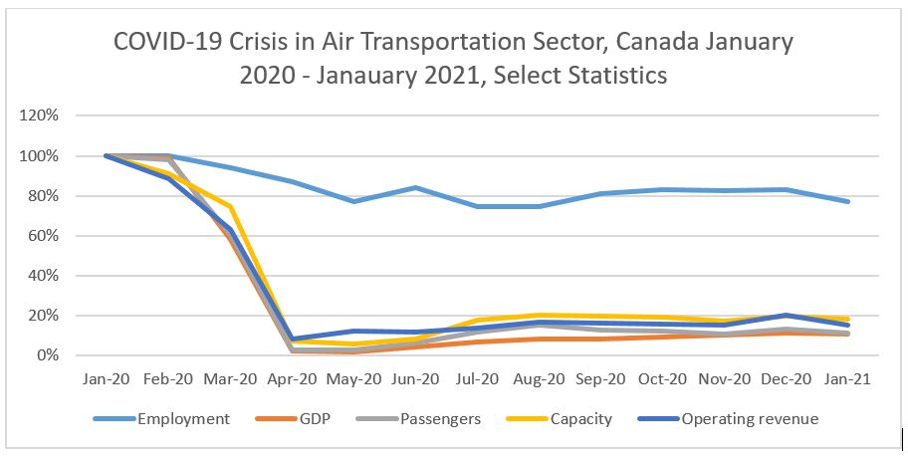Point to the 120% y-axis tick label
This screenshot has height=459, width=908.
[x=41, y=116]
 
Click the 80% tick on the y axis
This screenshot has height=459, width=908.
[x=45, y=196]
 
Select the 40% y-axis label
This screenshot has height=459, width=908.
[x=45, y=276]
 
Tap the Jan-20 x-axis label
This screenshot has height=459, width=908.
[x=105, y=379]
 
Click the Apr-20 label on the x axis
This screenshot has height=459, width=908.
[x=292, y=379]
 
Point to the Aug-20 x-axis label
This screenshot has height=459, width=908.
[x=540, y=379]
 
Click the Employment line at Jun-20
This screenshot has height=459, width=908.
[x=416, y=188]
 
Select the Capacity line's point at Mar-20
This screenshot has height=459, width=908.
[x=229, y=206]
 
